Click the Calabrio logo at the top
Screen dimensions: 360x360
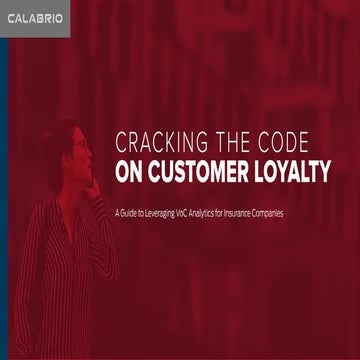pos(34,19)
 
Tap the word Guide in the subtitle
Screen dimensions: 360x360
pos(130,212)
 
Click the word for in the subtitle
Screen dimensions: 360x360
pos(236,212)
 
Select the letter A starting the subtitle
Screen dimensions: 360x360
pos(117,212)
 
